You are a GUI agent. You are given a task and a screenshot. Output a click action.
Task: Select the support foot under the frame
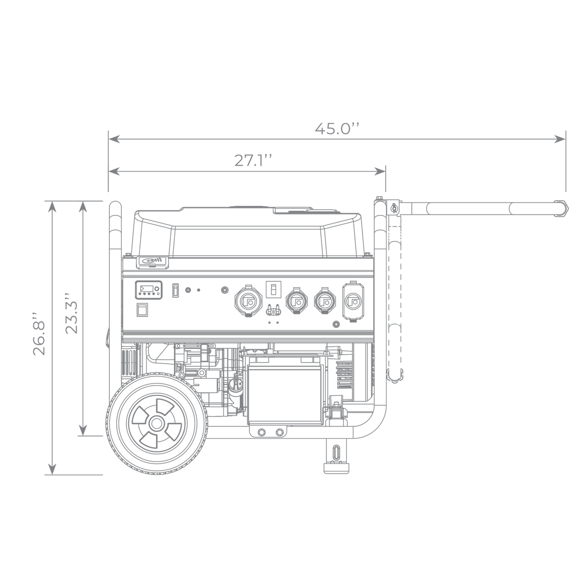(338, 457)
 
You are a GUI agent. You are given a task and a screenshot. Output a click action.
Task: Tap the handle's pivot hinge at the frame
(395, 207)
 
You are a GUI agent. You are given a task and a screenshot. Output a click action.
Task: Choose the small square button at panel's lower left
(141, 311)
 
